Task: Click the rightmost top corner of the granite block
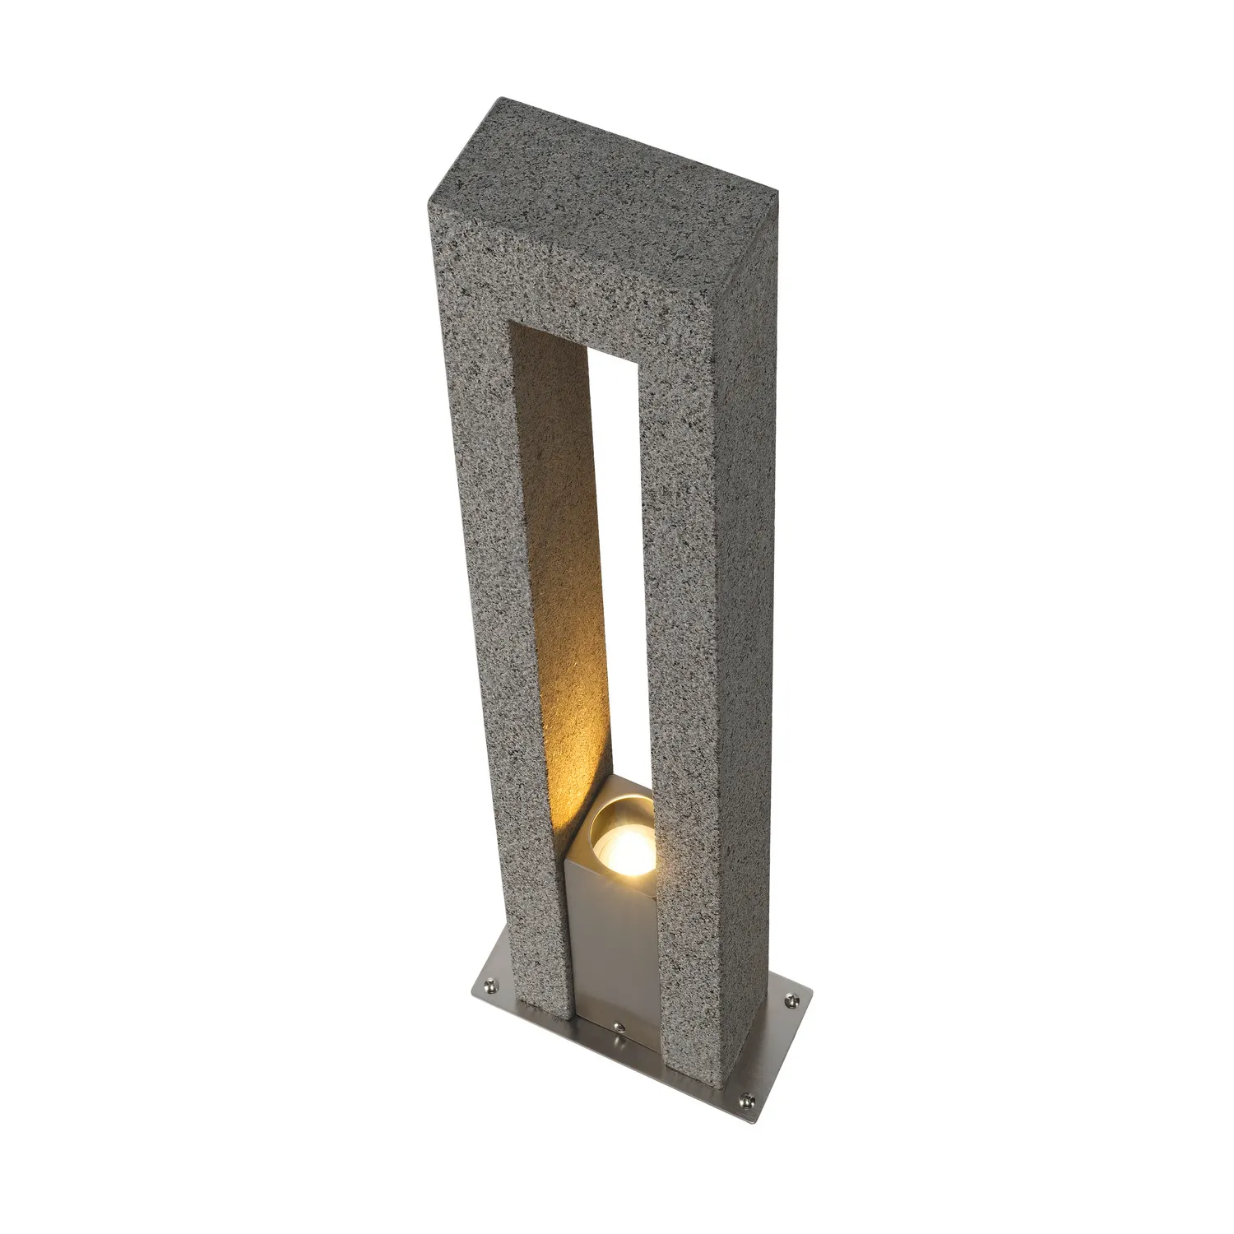coord(778,197)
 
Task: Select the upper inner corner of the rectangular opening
coord(510,322)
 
